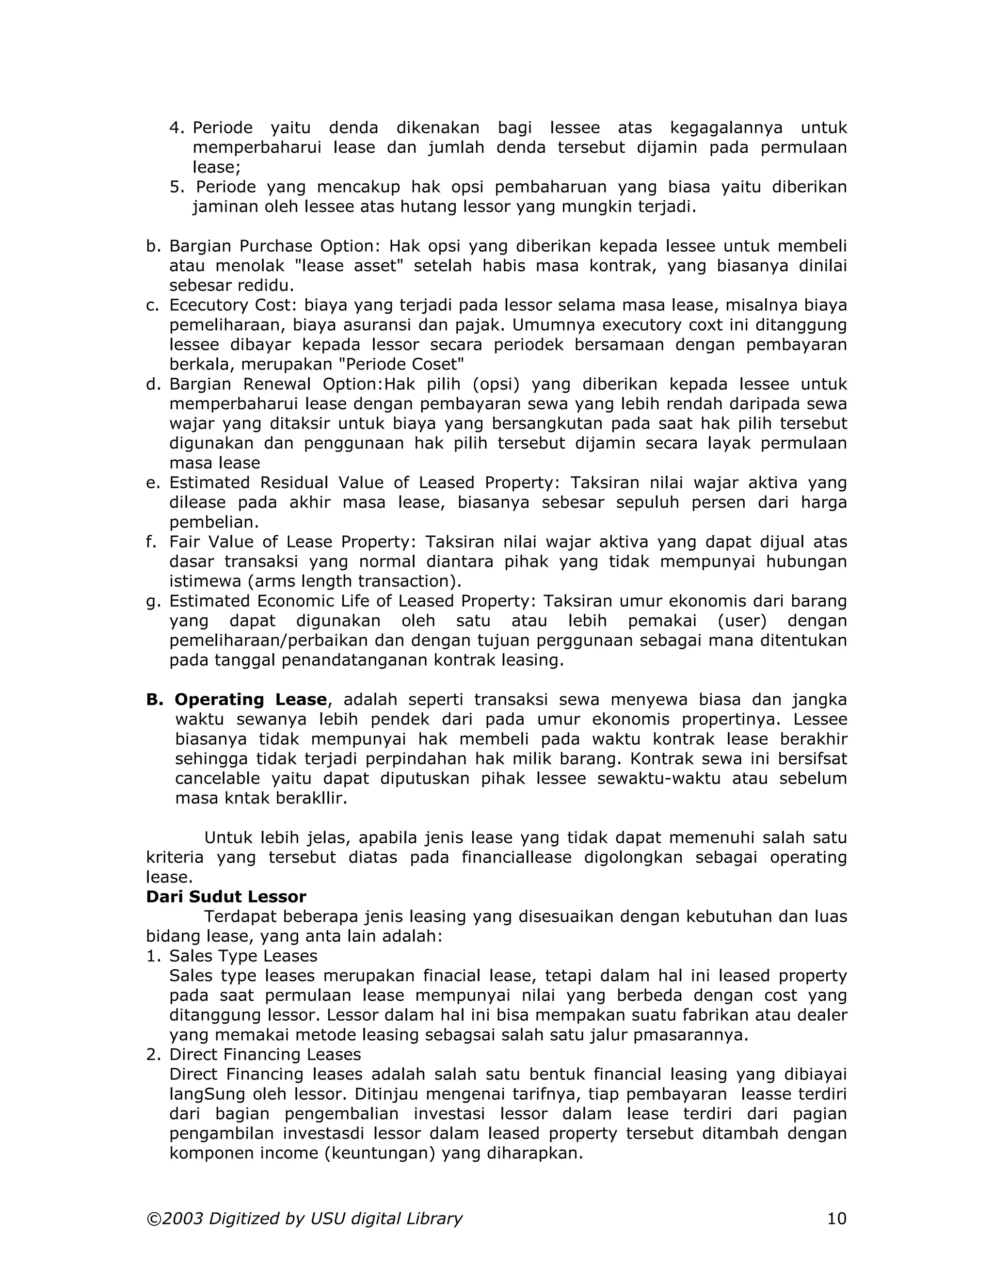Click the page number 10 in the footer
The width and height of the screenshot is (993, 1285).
tap(836, 1218)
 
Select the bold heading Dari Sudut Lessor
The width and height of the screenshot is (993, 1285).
tap(226, 897)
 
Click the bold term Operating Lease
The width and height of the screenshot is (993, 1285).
tap(251, 700)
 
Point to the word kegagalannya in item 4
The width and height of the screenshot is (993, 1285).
tap(726, 128)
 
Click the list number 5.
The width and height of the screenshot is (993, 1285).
tap(176, 187)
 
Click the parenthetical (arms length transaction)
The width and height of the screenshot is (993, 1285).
tap(353, 581)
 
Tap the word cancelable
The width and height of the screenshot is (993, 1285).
tap(218, 778)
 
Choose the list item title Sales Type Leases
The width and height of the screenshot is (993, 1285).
tap(243, 956)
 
